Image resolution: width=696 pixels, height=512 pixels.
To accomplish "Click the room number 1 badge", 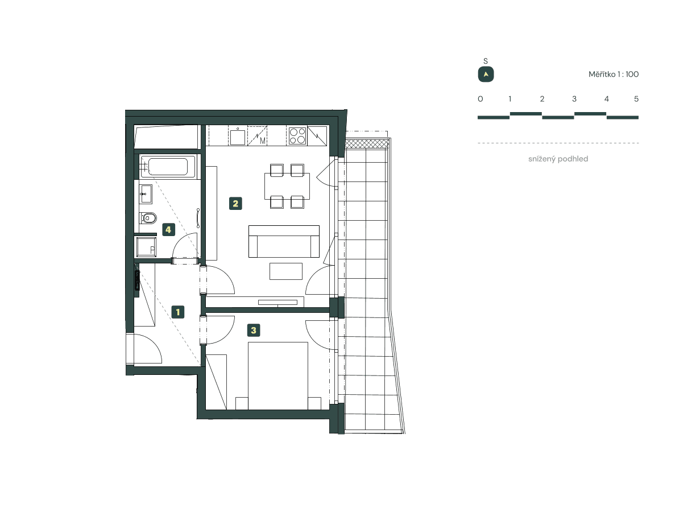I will pyautogui.click(x=179, y=312).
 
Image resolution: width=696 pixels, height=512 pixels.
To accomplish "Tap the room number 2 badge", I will pyautogui.click(x=235, y=203).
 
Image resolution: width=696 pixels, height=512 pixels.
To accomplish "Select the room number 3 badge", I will pyautogui.click(x=254, y=330).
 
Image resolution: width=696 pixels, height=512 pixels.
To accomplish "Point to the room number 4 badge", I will pyautogui.click(x=168, y=229).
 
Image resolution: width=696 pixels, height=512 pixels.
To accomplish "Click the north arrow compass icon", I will pyautogui.click(x=486, y=75).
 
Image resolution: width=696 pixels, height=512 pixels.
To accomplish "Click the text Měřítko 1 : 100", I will pyautogui.click(x=614, y=75).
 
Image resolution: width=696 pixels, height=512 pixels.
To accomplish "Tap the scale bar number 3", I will pyautogui.click(x=574, y=99).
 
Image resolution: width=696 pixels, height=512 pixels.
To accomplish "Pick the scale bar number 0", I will pyautogui.click(x=480, y=99).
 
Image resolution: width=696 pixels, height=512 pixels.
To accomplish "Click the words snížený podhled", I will pyautogui.click(x=558, y=159).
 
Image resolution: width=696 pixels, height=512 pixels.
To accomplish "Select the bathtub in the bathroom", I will pyautogui.click(x=168, y=167).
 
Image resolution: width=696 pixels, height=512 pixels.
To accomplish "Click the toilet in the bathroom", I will pyautogui.click(x=149, y=217).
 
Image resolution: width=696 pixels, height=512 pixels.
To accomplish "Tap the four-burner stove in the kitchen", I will pyautogui.click(x=297, y=136).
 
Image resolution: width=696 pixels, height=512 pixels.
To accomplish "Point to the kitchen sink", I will pyautogui.click(x=237, y=137).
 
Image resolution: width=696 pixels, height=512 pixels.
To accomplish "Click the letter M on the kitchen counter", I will pyautogui.click(x=262, y=141).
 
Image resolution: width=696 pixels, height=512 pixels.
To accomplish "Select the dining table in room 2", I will pyautogui.click(x=287, y=185).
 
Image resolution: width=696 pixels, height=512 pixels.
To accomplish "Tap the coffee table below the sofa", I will pyautogui.click(x=286, y=271).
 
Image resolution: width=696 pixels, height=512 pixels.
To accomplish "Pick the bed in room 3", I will pyautogui.click(x=278, y=375).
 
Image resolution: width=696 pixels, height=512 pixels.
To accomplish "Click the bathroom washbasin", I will pyautogui.click(x=146, y=194).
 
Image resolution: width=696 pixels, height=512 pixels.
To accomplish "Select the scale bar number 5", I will pyautogui.click(x=636, y=99).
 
